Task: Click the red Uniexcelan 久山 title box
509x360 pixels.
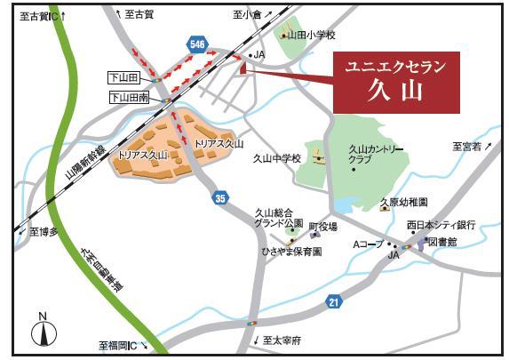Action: point(396,79)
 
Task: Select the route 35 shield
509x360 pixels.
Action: point(219,198)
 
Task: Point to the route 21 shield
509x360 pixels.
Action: point(333,303)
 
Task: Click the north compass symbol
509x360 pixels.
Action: point(42,331)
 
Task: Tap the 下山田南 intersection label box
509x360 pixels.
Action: point(130,98)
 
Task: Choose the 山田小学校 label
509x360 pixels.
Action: point(313,36)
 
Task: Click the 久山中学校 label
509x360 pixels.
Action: point(277,158)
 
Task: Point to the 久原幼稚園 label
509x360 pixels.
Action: point(404,203)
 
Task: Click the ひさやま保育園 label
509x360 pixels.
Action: point(290,252)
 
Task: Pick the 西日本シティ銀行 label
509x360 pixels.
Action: point(441,225)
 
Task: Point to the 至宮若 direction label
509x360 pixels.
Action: point(467,146)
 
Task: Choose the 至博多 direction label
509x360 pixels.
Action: point(44,231)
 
